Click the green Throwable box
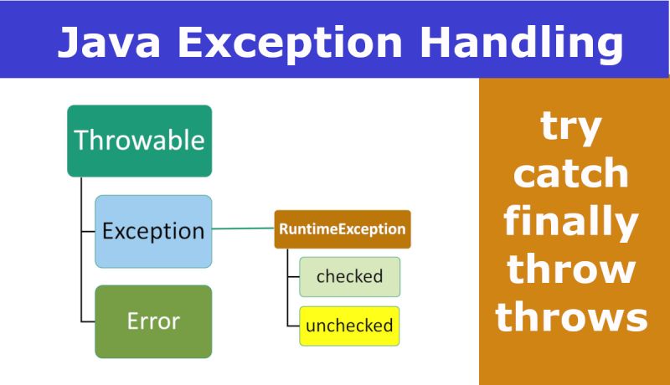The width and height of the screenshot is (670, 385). coord(139,141)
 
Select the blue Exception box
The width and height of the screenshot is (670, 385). coord(153,231)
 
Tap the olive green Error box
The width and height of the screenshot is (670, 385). coord(153,321)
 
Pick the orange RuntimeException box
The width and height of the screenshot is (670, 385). coord(343,228)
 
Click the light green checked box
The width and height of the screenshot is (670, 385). coord(349,276)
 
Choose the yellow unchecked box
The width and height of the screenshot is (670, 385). coord(349,326)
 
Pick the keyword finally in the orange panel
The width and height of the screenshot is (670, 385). coord(573,222)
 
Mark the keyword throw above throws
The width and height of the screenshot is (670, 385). coord(573,269)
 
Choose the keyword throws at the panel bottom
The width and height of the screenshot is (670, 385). coord(573,317)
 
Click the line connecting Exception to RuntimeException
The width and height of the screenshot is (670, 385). coord(243,228)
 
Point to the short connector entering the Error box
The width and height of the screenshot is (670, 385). coord(88,321)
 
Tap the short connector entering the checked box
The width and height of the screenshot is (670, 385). coord(293,277)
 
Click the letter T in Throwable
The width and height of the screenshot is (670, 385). coord(81,140)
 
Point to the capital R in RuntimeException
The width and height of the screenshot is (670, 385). coord(283,228)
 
